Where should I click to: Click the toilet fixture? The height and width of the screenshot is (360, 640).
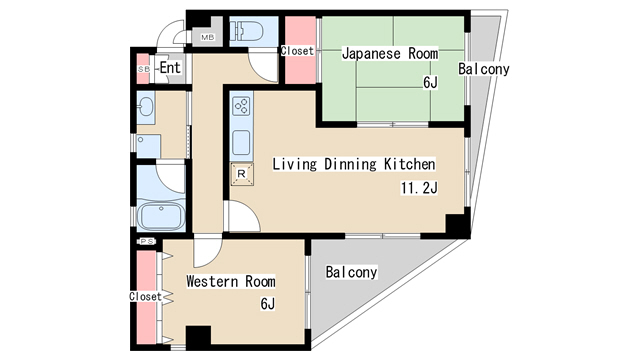pos(247,31)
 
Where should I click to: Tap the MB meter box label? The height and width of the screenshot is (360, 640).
pos(207,38)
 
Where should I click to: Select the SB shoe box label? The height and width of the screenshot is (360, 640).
pos(144,69)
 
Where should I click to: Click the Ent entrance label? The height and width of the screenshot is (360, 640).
pos(170,67)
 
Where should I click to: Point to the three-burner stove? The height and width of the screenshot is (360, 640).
pos(241,106)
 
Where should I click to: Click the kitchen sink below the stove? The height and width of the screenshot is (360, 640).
pos(241,142)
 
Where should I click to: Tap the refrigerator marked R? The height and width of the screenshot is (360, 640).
pos(242,174)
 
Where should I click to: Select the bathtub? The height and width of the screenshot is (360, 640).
pos(161,215)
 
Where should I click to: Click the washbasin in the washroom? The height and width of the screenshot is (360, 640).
pos(145,107)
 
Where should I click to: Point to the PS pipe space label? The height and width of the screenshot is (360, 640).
pos(147,242)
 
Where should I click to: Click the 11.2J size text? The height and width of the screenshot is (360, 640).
pos(419,188)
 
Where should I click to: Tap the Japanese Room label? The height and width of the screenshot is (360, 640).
pos(390,53)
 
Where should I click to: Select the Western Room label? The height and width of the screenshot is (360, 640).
pos(231,281)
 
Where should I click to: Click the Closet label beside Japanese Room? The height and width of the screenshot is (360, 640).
pos(297,51)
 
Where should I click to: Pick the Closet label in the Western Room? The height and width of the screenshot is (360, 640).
pos(146,296)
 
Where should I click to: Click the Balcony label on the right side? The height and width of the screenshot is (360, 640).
pos(484,69)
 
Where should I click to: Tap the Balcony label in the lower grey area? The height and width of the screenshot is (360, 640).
pos(351,272)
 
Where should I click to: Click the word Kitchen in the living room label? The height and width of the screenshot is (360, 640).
pos(409,164)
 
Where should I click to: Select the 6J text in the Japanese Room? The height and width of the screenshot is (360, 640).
pos(430,83)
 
